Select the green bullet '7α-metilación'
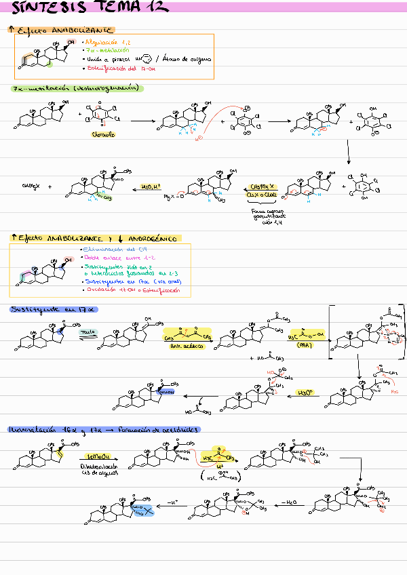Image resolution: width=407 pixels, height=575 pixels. tap(104, 50)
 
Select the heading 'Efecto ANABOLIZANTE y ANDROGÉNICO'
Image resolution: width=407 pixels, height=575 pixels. tap(95, 239)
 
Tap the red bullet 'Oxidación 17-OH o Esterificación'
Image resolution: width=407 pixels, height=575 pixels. tap(132, 290)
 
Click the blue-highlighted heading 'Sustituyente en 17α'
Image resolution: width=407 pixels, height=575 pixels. tap(54, 310)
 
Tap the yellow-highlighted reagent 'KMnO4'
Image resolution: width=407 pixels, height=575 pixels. tap(94, 457)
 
